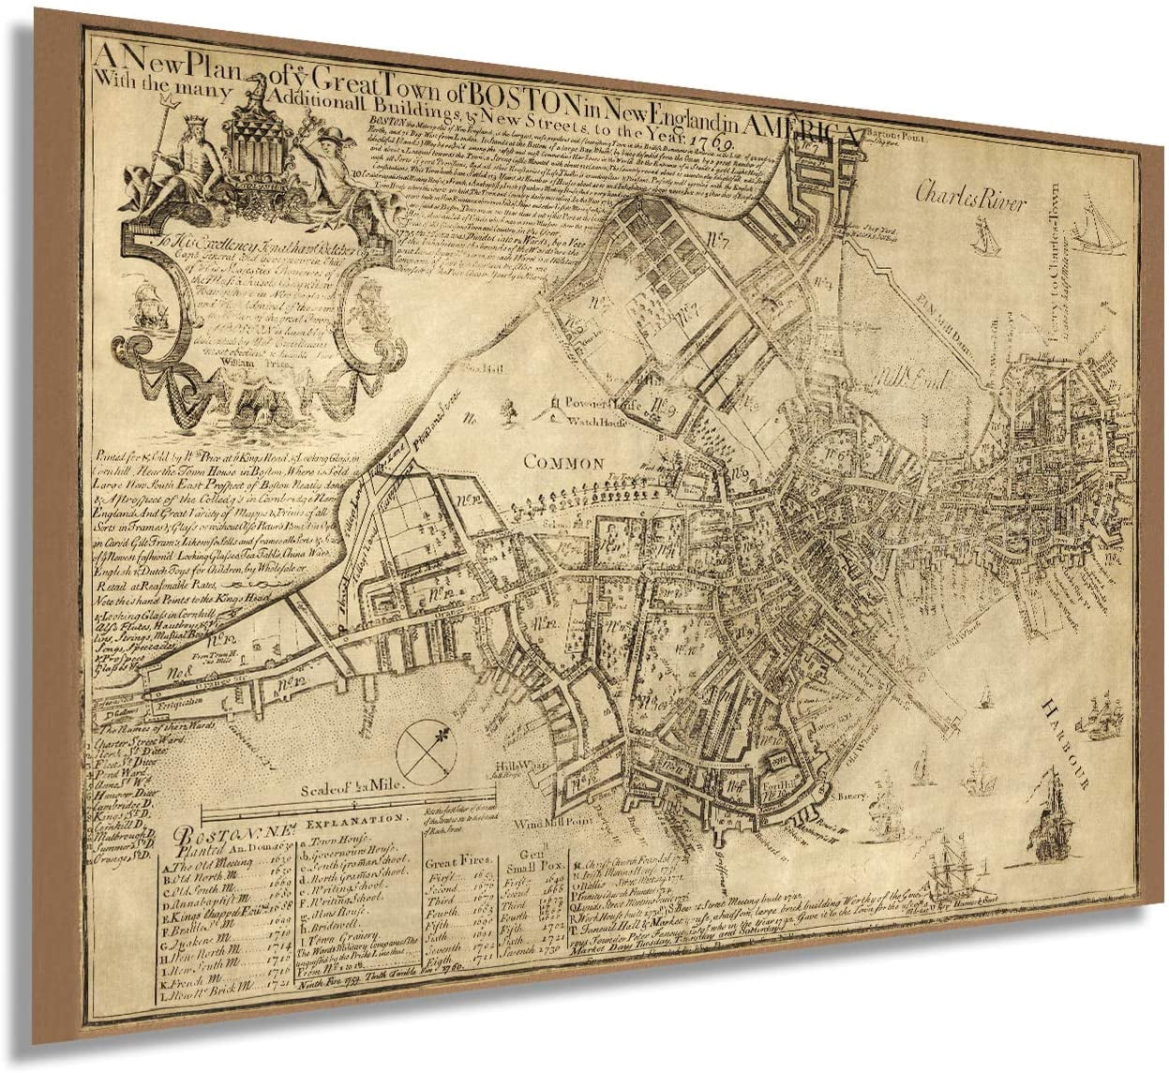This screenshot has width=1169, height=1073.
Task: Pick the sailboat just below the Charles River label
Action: click(x=984, y=235)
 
